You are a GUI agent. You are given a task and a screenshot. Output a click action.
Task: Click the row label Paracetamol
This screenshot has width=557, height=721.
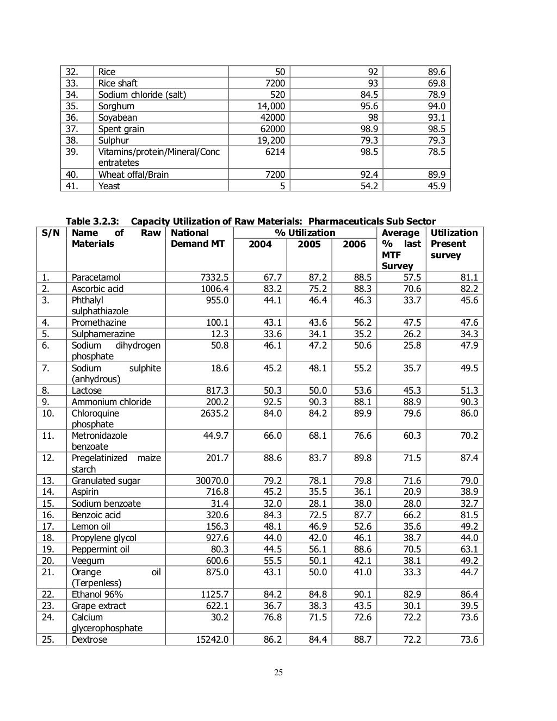(96, 277)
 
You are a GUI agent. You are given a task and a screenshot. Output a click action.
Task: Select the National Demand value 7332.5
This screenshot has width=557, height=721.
(215, 277)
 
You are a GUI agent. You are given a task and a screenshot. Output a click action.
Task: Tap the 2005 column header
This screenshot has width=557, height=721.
(309, 244)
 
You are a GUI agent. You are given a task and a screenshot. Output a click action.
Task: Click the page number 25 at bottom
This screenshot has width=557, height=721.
(278, 673)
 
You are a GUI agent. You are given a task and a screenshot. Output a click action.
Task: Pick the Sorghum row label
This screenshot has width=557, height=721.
(116, 106)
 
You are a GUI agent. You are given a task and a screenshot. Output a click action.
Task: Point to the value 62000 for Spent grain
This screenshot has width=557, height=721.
(271, 129)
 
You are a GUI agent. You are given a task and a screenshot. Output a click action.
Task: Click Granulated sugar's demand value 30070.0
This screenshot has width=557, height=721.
(212, 481)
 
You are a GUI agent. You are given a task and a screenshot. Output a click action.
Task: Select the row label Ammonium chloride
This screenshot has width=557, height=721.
(112, 402)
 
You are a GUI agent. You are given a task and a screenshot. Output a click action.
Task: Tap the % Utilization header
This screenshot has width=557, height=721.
(305, 233)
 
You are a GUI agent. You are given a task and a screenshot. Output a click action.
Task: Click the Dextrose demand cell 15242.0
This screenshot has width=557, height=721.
(212, 639)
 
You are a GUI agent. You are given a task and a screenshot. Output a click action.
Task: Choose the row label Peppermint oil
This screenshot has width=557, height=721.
(101, 549)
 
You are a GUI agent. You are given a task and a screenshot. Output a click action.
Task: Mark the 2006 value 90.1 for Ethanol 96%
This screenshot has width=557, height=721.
(362, 594)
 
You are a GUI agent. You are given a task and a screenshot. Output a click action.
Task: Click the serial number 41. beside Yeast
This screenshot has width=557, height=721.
(72, 186)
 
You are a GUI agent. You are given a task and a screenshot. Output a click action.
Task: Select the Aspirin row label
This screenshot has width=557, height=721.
(85, 492)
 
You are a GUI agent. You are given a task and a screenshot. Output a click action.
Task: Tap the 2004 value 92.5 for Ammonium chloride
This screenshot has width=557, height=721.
(273, 402)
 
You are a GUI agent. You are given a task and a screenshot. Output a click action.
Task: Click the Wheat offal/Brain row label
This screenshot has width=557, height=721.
(133, 175)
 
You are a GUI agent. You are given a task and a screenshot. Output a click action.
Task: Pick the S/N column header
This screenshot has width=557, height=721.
(51, 233)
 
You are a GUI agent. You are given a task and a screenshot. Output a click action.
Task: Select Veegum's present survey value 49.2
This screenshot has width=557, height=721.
(469, 561)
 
